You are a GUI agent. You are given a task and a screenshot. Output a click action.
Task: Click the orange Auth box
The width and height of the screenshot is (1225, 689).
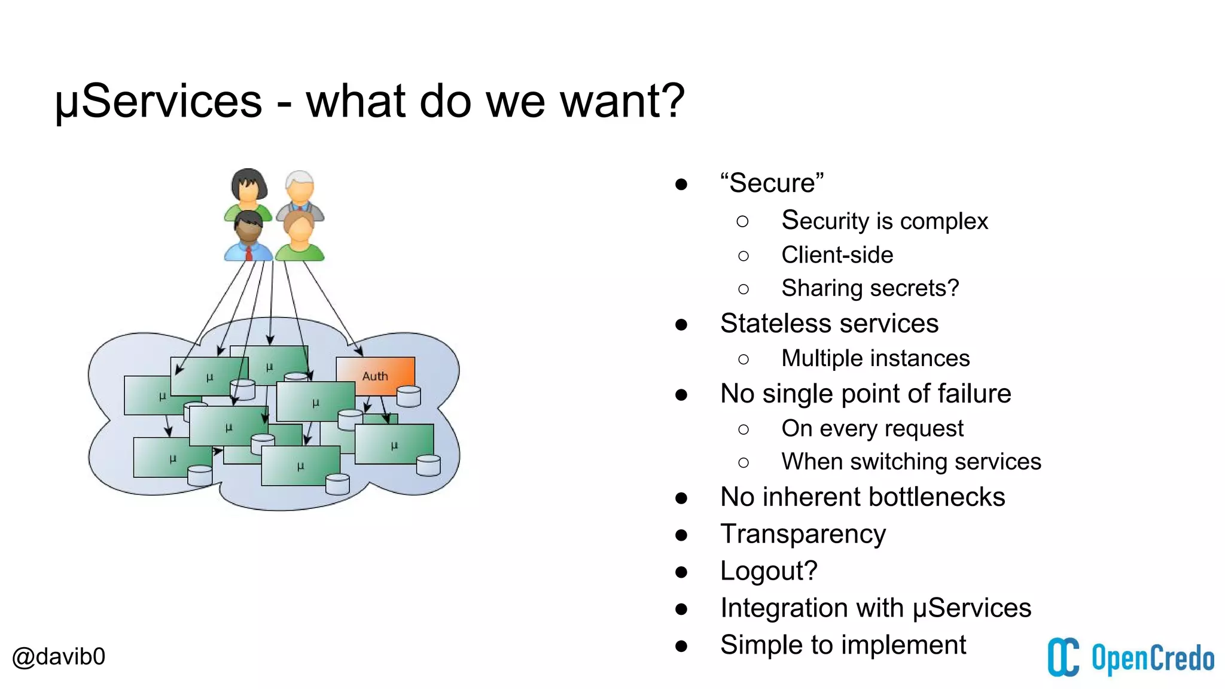[x=375, y=376]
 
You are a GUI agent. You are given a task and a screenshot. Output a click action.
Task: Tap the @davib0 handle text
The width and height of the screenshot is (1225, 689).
[x=59, y=657]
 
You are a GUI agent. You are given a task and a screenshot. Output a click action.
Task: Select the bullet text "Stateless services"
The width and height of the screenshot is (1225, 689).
[x=829, y=324]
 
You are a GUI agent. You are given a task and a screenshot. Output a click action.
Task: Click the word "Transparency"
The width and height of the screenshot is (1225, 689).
[x=803, y=533]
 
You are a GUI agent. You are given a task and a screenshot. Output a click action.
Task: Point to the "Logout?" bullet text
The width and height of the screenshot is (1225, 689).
[x=769, y=571]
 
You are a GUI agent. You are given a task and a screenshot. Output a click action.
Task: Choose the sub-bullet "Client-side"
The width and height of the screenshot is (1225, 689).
[x=837, y=255]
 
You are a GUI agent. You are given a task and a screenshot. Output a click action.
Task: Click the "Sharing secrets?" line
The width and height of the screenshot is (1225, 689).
[x=870, y=288]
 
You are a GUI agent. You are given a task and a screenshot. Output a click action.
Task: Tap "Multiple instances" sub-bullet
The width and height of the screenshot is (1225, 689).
[x=875, y=358]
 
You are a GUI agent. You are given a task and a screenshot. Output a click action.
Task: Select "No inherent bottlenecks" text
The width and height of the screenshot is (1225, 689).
[x=863, y=497]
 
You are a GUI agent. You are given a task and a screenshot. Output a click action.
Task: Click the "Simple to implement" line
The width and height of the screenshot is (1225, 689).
[x=843, y=645]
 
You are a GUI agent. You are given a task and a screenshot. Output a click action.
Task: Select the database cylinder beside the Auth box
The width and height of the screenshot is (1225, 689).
[x=409, y=396]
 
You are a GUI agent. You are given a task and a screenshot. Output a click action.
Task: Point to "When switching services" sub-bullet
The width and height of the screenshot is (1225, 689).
[x=911, y=462]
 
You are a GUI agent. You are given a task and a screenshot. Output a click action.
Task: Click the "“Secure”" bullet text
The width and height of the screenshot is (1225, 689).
[x=772, y=183]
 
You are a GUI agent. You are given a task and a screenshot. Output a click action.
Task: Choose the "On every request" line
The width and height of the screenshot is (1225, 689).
[x=872, y=428]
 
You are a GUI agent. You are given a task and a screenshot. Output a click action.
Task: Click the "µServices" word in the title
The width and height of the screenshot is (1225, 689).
[x=159, y=101]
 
